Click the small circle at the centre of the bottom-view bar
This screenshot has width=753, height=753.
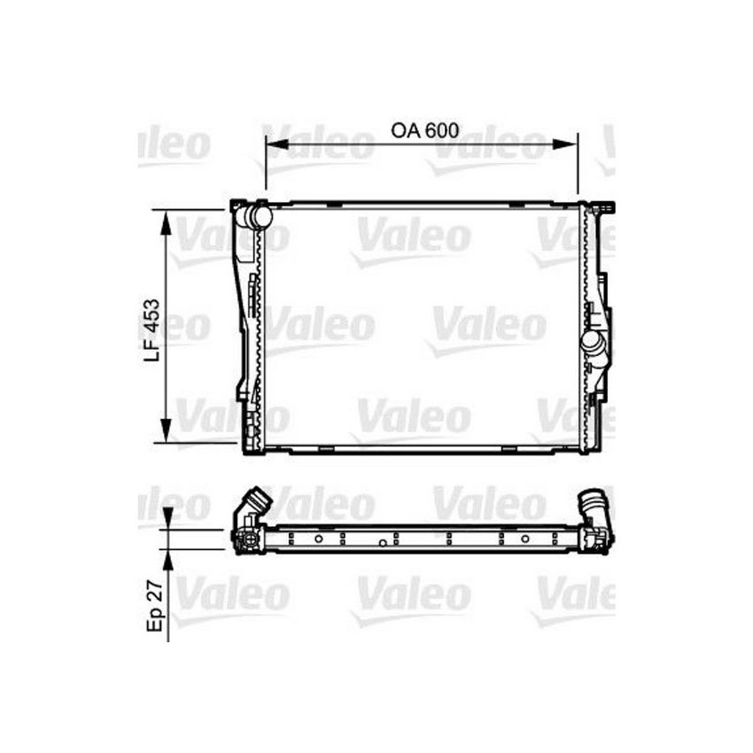pos(381,543)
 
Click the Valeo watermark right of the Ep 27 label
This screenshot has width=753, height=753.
pos(232,594)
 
